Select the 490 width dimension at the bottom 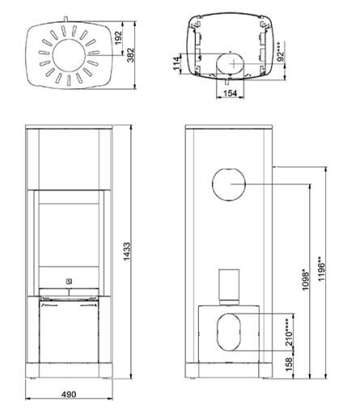(68, 394)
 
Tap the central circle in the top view (68, 52)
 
